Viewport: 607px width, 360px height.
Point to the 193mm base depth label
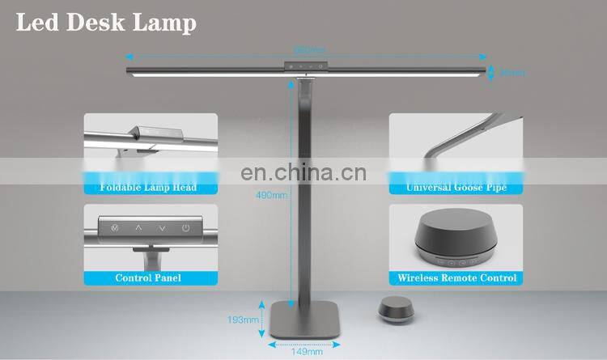pyautogui.click(x=244, y=320)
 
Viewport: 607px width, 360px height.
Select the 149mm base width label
pyautogui.click(x=306, y=351)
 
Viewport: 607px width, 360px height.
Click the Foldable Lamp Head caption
pyautogui.click(x=149, y=188)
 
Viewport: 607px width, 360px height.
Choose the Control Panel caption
pyautogui.click(x=148, y=277)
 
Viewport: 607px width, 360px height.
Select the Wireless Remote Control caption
pyautogui.click(x=456, y=277)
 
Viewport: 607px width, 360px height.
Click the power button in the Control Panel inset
pyautogui.click(x=186, y=229)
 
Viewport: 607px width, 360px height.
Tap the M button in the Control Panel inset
pyautogui.click(x=114, y=229)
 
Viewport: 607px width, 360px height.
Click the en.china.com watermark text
pyautogui.click(x=303, y=173)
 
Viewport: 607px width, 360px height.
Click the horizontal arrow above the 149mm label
pyautogui.click(x=306, y=343)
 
